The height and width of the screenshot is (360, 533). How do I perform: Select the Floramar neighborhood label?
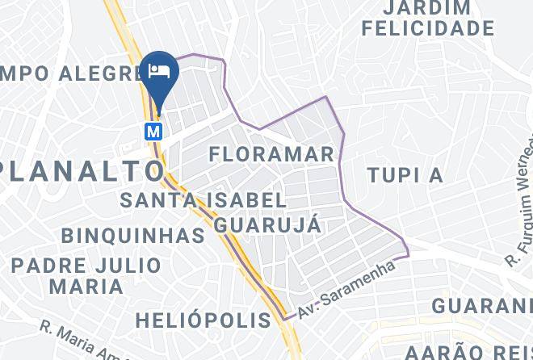[271, 153]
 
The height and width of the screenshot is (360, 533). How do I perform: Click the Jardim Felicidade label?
[427, 18]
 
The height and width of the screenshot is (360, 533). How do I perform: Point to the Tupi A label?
[405, 175]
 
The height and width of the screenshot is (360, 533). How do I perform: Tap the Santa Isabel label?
[203, 199]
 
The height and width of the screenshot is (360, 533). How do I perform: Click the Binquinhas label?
[133, 236]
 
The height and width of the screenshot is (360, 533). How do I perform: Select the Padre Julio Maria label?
[86, 275]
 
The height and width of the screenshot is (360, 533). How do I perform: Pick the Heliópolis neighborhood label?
[204, 320]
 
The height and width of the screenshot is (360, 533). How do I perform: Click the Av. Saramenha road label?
[348, 288]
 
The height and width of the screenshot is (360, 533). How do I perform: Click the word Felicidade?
[427, 28]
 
